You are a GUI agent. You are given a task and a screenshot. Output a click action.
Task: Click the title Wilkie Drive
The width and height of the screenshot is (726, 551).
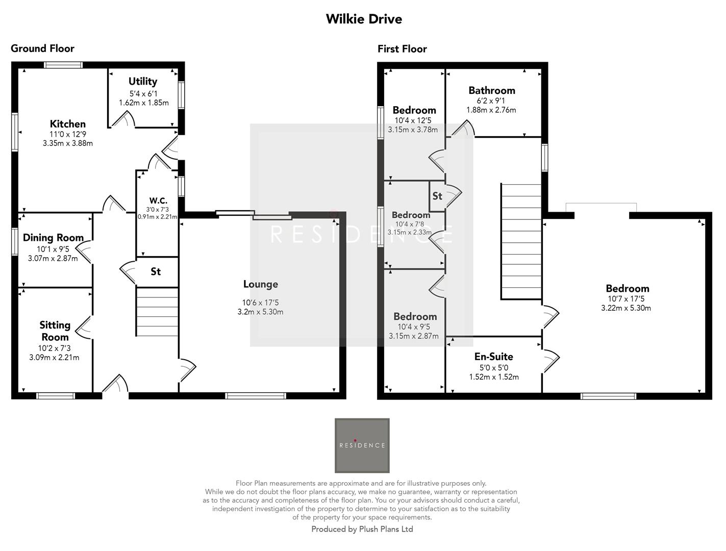coord(364,19)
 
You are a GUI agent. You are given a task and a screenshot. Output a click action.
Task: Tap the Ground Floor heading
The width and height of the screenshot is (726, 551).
coord(42,48)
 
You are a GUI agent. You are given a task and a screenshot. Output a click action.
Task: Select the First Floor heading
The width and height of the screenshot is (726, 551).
coord(402,49)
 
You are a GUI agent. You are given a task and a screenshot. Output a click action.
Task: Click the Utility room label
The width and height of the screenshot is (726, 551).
coord(143,82)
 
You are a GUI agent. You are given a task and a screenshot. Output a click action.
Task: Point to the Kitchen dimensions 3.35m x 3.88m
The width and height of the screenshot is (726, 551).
coord(68,143)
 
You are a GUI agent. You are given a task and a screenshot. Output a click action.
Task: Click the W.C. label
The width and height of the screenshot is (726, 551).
coord(158,201)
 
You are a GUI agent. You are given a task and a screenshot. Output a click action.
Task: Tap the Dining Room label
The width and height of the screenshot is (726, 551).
coord(53,238)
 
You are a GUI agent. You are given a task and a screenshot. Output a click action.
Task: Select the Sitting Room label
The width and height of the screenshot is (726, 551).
coord(55,331)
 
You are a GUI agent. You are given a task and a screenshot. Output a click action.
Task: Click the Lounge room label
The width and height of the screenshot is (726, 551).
coord(260,284)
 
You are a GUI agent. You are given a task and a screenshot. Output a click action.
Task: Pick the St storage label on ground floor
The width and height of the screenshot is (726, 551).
coord(156,271)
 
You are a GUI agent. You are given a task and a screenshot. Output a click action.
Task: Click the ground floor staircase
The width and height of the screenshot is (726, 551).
coord(157,312)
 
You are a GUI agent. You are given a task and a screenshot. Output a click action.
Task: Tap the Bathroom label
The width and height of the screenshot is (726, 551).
coord(492,90)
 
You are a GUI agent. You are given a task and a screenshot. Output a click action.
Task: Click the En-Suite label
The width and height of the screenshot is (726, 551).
coord(493,357)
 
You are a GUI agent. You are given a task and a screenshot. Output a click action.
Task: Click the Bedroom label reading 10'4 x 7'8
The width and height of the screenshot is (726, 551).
coord(411,215)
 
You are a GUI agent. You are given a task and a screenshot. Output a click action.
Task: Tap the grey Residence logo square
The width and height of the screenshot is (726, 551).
coord(362,445)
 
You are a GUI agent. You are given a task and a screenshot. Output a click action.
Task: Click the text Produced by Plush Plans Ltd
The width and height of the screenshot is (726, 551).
coord(362,529)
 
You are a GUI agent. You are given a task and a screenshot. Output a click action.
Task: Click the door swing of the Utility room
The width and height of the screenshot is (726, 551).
coord(123,120)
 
